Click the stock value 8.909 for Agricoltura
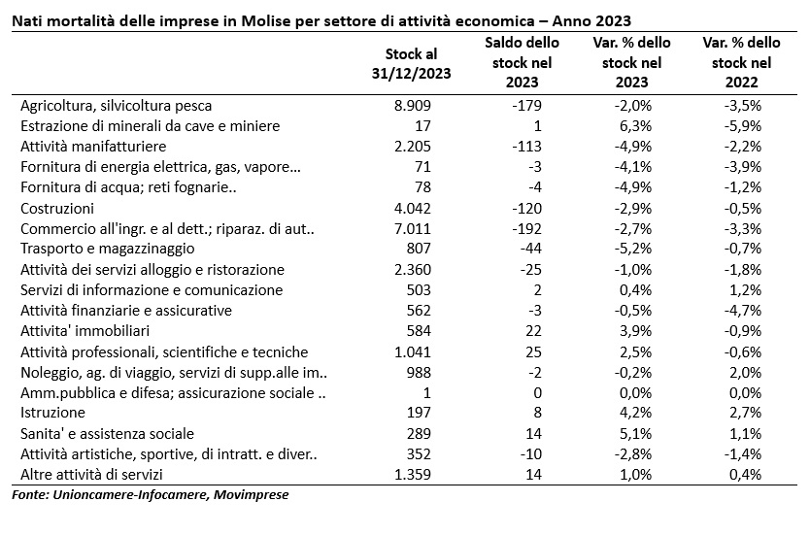(412, 106)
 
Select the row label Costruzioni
(57, 209)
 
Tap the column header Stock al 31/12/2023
(411, 63)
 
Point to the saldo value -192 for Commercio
(526, 229)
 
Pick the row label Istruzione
(52, 413)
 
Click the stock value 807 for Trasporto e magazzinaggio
(419, 249)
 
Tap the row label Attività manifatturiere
(93, 147)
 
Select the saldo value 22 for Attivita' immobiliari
(533, 331)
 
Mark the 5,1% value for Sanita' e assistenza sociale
(635, 434)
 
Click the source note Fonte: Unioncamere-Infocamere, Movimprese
(150, 495)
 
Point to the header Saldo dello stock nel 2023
(522, 62)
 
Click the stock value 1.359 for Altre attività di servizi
(412, 475)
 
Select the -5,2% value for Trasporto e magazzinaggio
(632, 249)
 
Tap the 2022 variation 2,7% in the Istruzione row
(745, 413)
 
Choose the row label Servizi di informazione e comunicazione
(152, 290)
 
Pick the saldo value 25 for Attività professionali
(533, 352)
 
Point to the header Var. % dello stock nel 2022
(741, 62)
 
